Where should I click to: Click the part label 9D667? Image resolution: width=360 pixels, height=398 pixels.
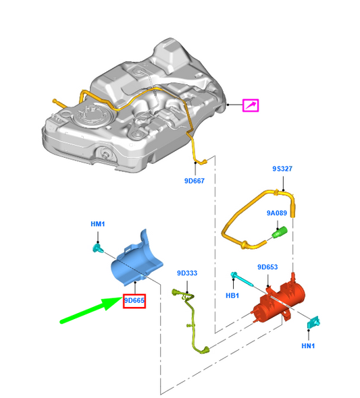click(x=194, y=181)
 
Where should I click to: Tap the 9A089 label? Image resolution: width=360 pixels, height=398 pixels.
click(x=276, y=213)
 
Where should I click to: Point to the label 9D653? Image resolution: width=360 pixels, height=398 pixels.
click(x=268, y=267)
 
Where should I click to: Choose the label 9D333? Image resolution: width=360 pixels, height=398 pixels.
click(x=187, y=273)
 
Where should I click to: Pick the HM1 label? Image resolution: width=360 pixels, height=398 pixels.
click(x=98, y=223)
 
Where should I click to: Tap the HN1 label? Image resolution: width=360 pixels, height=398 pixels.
click(x=309, y=346)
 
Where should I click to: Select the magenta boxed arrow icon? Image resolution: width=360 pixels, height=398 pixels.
click(x=251, y=105)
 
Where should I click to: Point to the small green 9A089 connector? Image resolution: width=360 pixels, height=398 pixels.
click(x=279, y=233)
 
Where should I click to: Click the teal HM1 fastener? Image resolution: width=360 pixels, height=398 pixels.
click(x=97, y=249)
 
